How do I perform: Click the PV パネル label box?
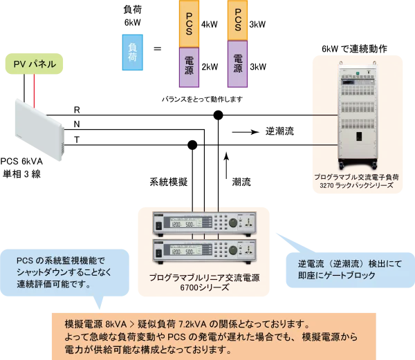click(35, 64)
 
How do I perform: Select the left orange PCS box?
click(189, 24)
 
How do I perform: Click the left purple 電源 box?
click(189, 67)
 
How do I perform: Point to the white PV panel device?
click(40, 129)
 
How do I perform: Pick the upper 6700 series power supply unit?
click(201, 224)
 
